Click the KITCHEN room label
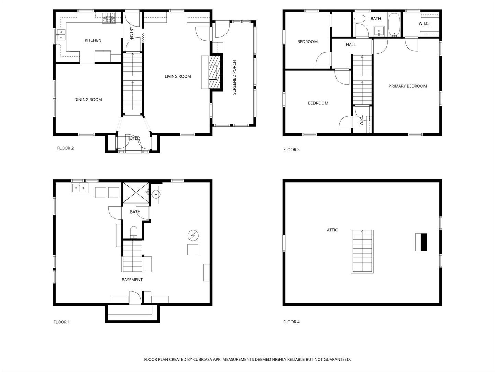pyautogui.click(x=93, y=40)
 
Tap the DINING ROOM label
pyautogui.click(x=88, y=100)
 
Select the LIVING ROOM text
pyautogui.click(x=178, y=76)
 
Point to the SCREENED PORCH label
pyautogui.click(x=234, y=77)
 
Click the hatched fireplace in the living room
pyautogui.click(x=214, y=72)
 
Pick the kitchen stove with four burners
pyautogui.click(x=109, y=18)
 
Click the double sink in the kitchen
pyautogui.click(x=61, y=35)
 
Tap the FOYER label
pyautogui.click(x=133, y=138)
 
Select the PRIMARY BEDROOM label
pyautogui.click(x=408, y=86)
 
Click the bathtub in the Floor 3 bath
pyautogui.click(x=395, y=24)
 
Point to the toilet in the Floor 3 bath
pyautogui.click(x=359, y=18)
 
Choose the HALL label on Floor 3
pyautogui.click(x=351, y=45)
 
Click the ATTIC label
pyautogui.click(x=332, y=230)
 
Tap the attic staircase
pyautogui.click(x=362, y=251)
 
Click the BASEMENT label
pyautogui.click(x=132, y=280)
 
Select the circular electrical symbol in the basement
pyautogui.click(x=193, y=236)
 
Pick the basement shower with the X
pyautogui.click(x=136, y=193)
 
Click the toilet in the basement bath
pyautogui.click(x=134, y=232)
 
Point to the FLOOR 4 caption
pyautogui.click(x=291, y=322)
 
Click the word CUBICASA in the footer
pyautogui.click(x=203, y=359)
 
